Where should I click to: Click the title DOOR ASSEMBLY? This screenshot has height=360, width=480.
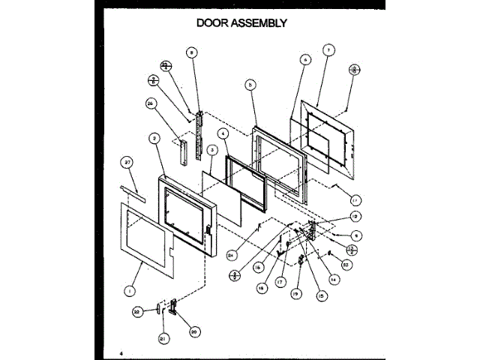click(x=241, y=22)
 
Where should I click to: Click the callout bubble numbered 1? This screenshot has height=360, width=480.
click(x=130, y=288)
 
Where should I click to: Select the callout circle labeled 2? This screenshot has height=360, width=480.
click(x=153, y=139)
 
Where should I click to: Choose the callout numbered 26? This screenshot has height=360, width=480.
click(x=150, y=104)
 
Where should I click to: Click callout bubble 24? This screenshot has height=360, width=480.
click(x=232, y=254)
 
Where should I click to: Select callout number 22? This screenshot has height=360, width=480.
click(x=136, y=311)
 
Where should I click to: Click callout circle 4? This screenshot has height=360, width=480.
click(x=223, y=133)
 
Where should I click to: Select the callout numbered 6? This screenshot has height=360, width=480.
click(x=305, y=59)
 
